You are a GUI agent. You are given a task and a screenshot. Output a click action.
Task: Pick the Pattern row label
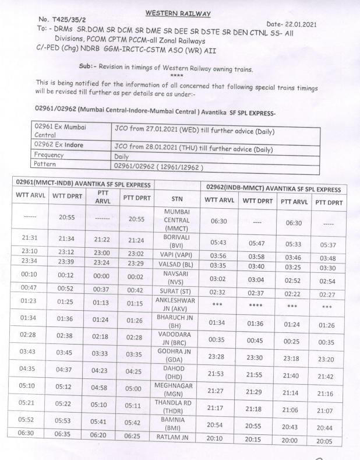coord(45,164)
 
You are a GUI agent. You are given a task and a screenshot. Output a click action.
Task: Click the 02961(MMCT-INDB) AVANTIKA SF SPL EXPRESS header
coord(82,185)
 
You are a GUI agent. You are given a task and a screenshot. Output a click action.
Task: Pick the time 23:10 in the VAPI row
coord(29,251)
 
